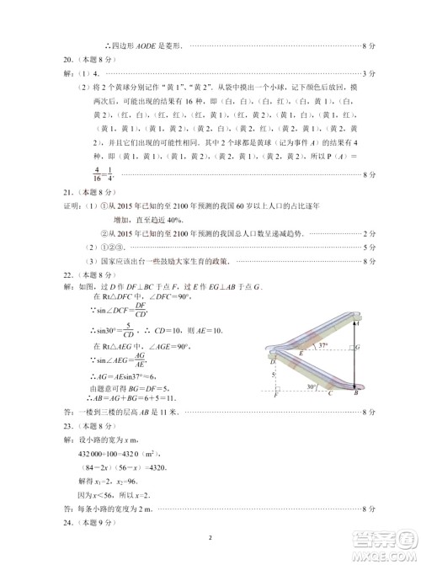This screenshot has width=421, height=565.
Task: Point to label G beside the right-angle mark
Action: [359, 346]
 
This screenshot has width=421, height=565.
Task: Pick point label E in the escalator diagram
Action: [301, 354]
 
